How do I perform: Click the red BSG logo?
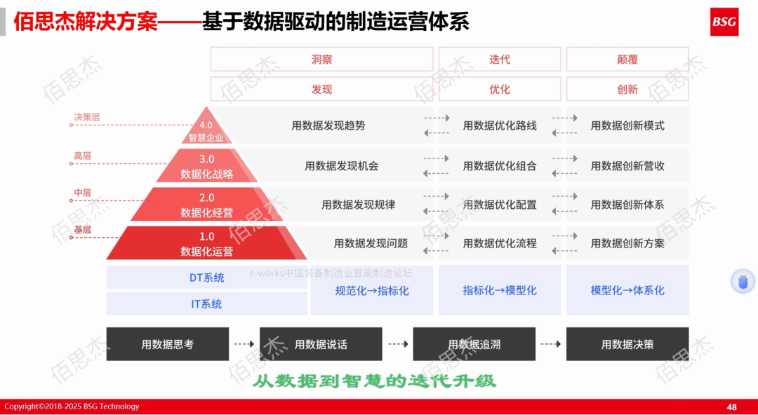click(724, 22)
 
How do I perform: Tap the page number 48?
click(731, 407)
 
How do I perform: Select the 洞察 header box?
click(321, 60)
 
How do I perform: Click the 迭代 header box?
click(500, 60)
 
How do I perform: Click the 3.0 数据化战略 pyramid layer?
click(206, 167)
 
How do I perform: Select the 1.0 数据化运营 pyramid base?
click(206, 243)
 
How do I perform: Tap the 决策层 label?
click(87, 117)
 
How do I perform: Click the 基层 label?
click(82, 229)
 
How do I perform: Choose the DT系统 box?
click(206, 278)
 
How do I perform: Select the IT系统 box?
click(206, 304)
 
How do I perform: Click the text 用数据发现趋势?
click(328, 125)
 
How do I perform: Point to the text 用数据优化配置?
click(500, 205)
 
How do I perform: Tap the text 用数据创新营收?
click(627, 166)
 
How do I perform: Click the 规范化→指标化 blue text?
click(372, 290)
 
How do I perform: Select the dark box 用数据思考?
click(167, 344)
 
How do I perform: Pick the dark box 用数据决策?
click(627, 344)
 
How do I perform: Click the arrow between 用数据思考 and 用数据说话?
click(244, 344)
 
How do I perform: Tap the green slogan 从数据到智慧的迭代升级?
click(374, 381)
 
